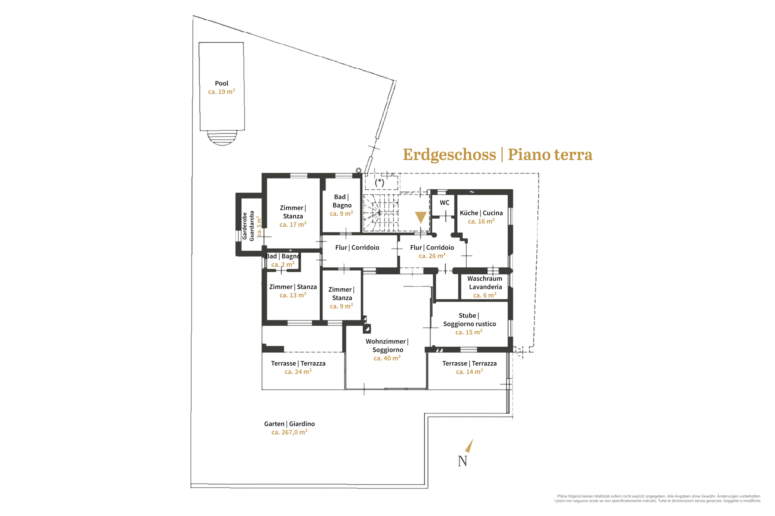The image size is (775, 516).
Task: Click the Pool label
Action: point(222,83)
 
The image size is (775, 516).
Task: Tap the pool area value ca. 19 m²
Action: point(222,92)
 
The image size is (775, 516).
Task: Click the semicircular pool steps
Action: point(222,138)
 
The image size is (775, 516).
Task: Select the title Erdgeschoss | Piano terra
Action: point(498,154)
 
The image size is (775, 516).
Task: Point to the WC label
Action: point(444,202)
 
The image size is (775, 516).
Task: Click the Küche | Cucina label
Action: point(481,213)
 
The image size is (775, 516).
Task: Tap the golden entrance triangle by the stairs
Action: point(421,217)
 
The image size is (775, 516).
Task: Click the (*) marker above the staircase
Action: point(380,182)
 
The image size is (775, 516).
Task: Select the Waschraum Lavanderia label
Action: point(485,283)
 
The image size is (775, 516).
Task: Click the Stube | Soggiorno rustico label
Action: point(470,320)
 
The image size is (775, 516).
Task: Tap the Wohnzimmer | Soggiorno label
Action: point(387,346)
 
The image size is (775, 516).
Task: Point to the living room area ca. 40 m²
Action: point(387,358)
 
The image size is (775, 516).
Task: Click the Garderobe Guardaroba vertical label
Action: point(248,226)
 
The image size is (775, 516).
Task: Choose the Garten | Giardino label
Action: point(289,424)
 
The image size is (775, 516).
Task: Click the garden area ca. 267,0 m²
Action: point(289,432)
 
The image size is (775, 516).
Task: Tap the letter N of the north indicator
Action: point(463,461)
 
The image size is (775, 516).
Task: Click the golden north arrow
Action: point(469,446)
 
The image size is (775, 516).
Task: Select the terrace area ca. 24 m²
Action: point(298,372)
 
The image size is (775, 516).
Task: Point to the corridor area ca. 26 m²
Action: point(432,256)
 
